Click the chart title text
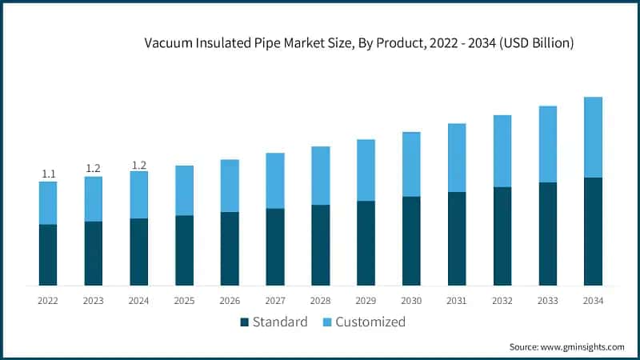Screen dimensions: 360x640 pos(358,44)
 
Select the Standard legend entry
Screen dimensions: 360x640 pos(274,322)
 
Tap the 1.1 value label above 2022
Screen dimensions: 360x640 pos(48,174)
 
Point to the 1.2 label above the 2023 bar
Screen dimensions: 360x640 pos(94,168)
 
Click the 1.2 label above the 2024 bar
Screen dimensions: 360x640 pos(139,165)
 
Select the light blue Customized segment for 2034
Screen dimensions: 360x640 pos(593,137)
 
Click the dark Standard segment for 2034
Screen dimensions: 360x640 pos(593,231)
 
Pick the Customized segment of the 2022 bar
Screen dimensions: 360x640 pos(48,202)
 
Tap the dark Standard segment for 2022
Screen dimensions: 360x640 pos(48,254)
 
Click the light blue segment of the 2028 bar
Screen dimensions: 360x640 pos(321,175)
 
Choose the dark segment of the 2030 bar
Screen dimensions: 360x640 pos(411,241)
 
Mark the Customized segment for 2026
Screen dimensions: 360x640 pos(230,186)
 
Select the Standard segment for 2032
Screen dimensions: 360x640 pos(502,236)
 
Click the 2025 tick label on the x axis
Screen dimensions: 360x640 pos(185,301)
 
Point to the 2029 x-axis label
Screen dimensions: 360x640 pos(366,301)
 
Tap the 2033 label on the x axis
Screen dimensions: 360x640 pos(548,301)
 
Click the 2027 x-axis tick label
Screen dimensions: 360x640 pos(275,301)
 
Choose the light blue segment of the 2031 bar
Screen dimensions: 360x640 pos(457,158)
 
